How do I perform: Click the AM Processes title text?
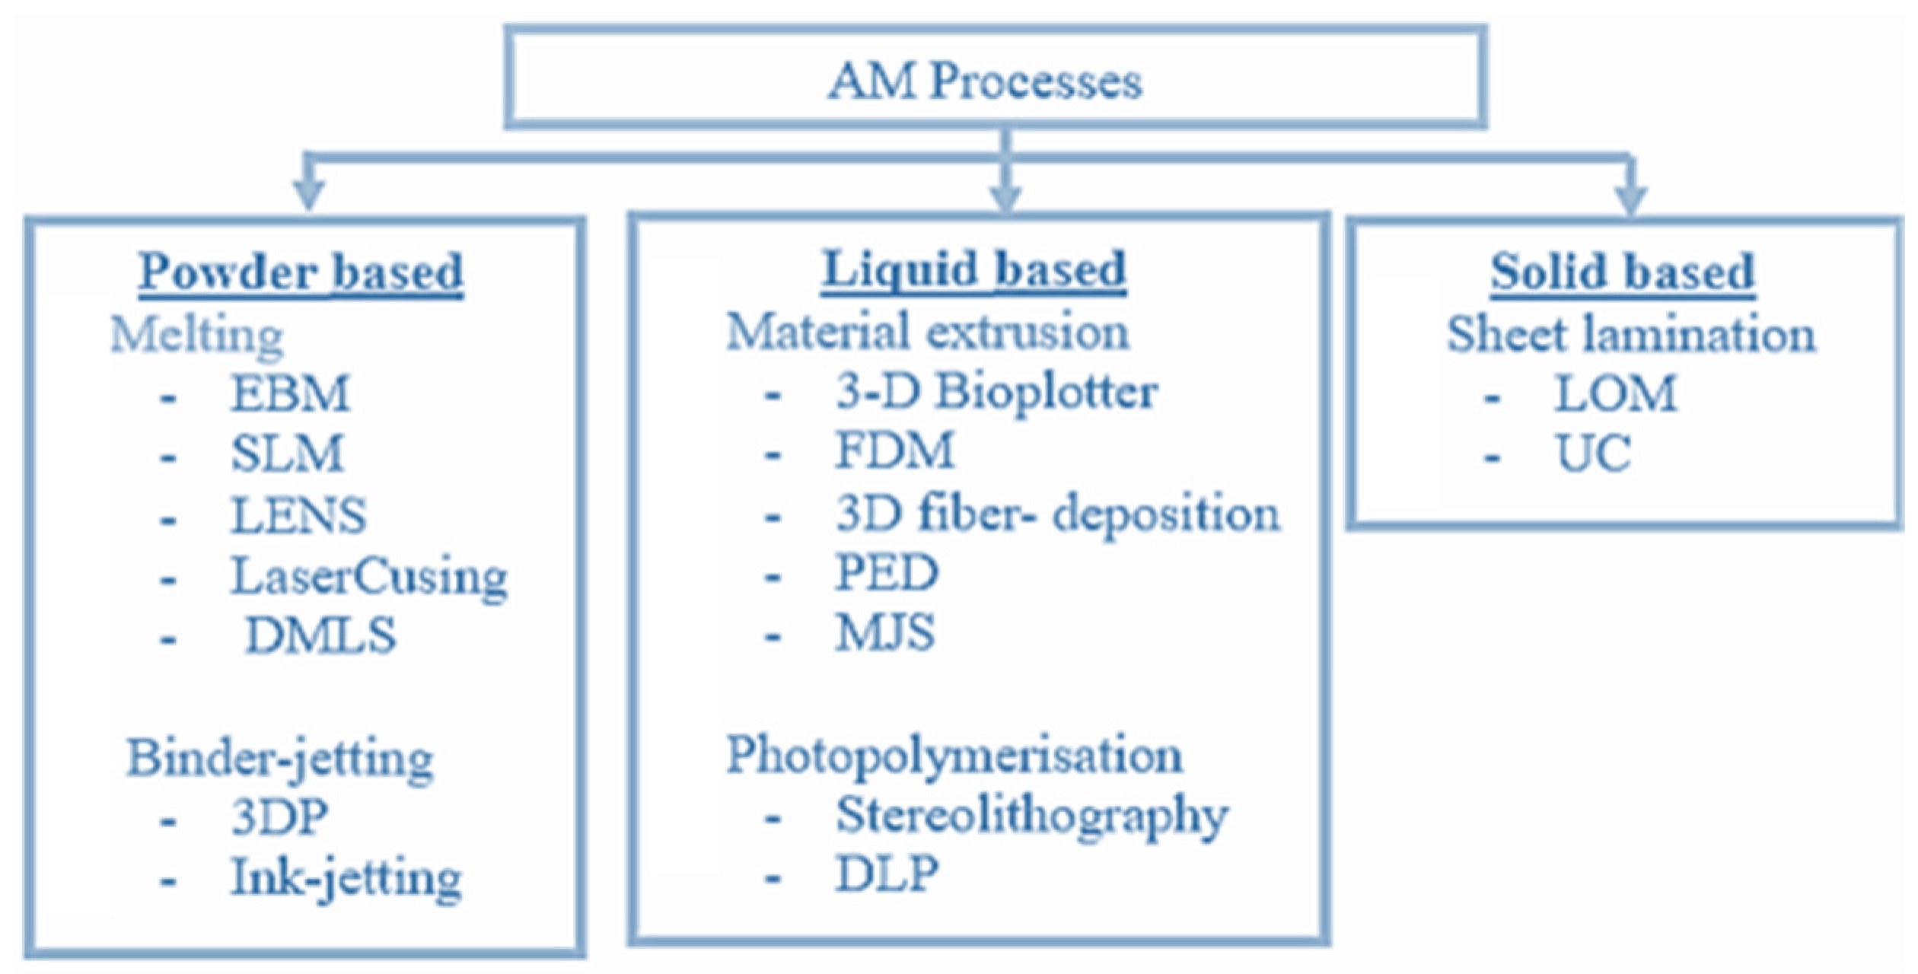(x=985, y=80)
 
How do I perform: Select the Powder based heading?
(x=301, y=272)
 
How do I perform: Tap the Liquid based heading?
(x=973, y=269)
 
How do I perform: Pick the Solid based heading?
(x=1622, y=272)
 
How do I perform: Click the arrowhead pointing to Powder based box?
(x=308, y=194)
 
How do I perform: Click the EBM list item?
(x=289, y=393)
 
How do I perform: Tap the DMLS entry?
(x=320, y=635)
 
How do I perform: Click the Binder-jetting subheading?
(x=280, y=758)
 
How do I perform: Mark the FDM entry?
(x=894, y=450)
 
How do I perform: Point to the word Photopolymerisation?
(x=954, y=755)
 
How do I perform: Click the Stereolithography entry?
(x=1031, y=816)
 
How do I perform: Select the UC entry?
(x=1593, y=454)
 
